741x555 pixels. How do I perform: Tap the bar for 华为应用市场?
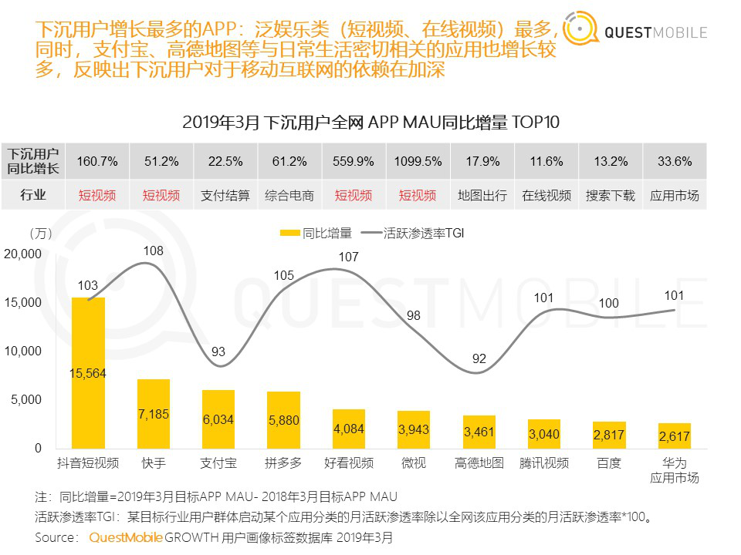pyautogui.click(x=675, y=436)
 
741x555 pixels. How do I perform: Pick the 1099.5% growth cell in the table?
pyautogui.click(x=418, y=162)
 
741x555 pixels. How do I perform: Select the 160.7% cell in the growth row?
pyautogui.click(x=97, y=162)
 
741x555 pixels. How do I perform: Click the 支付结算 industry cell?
pyautogui.click(x=225, y=195)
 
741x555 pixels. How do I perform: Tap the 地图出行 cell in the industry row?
pyautogui.click(x=482, y=195)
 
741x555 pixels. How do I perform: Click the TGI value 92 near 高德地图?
pyautogui.click(x=480, y=358)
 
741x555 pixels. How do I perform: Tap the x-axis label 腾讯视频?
pyautogui.click(x=546, y=463)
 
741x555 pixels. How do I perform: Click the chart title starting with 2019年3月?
pyautogui.click(x=370, y=123)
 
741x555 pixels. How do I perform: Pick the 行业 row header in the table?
pyautogui.click(x=33, y=195)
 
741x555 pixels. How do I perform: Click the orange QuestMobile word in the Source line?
pyautogui.click(x=126, y=536)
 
